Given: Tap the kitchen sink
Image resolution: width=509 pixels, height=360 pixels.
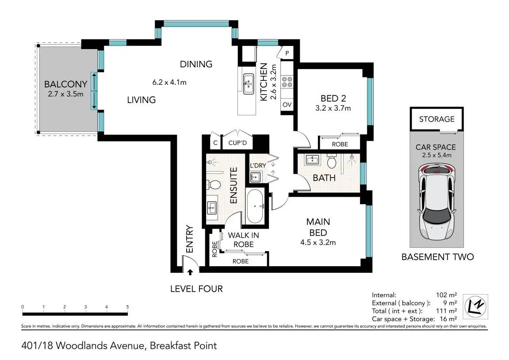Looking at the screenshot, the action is pos(248,84).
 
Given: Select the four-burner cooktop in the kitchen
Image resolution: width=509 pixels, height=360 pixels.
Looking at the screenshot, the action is pos(287,82).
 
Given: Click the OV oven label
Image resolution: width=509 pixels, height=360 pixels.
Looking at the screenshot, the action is pos(287,105).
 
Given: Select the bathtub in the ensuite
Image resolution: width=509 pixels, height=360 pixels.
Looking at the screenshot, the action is pos(254,207).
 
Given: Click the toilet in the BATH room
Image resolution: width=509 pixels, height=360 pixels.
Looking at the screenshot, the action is pos(331,162).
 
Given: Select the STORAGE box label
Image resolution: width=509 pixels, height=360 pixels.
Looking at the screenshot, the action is pos(436,119).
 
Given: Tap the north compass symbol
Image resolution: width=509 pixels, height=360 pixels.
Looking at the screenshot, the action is pos(476,305).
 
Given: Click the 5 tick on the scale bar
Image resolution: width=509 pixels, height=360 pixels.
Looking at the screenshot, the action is pos(127,307).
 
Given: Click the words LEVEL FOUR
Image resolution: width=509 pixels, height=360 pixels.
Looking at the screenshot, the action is pos(196,289).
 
